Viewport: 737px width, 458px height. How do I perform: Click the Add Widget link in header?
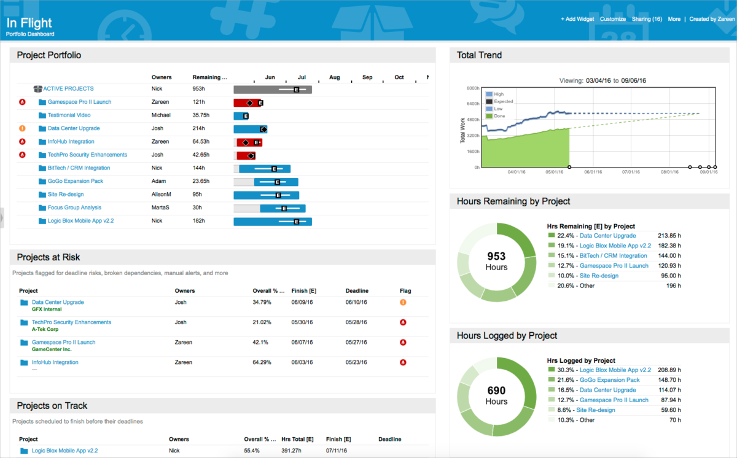[577, 19]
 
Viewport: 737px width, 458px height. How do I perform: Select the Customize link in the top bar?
[613, 19]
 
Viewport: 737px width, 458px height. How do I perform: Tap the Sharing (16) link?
[647, 19]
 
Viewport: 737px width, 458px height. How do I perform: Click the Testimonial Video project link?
[69, 115]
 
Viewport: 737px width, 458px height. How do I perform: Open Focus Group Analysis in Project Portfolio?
[74, 208]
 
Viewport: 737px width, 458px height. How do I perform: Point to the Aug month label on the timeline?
[334, 77]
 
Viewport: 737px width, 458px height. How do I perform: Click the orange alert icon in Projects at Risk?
[403, 302]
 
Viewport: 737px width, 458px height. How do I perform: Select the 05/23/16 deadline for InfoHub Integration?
[357, 362]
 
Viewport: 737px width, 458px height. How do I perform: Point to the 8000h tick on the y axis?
[472, 88]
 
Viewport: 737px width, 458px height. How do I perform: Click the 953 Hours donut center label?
[496, 261]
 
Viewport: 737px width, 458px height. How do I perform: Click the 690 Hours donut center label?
[496, 395]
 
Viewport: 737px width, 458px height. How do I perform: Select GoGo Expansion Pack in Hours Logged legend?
[609, 380]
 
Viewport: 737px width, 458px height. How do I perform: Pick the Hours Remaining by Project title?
[513, 201]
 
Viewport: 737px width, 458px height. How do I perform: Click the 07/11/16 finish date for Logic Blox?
[338, 451]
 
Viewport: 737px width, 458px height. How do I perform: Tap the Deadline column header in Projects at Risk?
[357, 290]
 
